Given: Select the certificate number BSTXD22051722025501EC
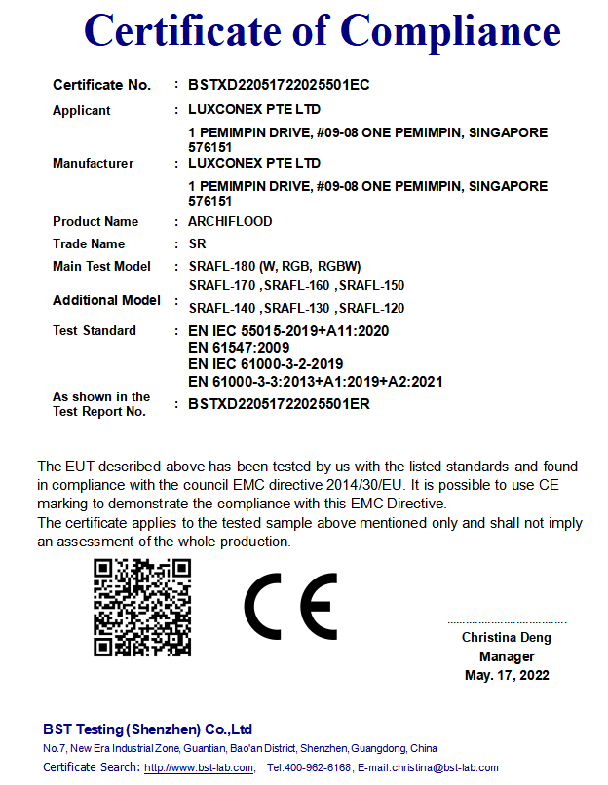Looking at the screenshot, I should pos(279,85).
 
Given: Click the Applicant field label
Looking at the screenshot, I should pos(82,110).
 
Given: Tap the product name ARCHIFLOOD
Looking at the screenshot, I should pos(230,221).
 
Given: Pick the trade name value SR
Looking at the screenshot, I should pos(197,243).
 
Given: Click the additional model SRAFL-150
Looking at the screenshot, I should pos(371,285).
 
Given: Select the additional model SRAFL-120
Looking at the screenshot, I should pos(371,308).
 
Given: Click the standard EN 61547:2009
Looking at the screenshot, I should pos(239,346).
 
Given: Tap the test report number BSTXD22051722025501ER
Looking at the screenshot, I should pos(279,403).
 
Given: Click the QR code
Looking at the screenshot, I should pos(141,608).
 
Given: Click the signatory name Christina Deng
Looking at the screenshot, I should pos(506,638).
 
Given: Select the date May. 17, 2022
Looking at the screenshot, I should pos(507,675).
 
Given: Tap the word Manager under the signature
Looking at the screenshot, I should pos(507,656).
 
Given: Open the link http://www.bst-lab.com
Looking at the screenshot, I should pos(199,768).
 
